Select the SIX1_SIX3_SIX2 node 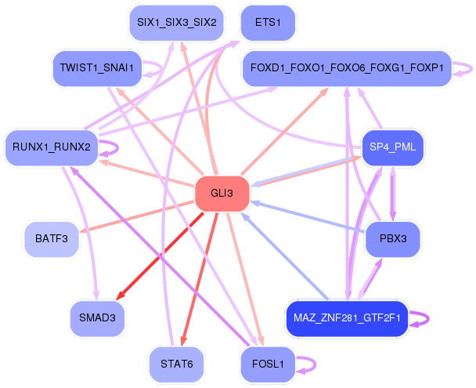click(x=177, y=23)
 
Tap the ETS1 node click(x=268, y=23)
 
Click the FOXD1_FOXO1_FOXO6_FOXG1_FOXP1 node click(x=347, y=68)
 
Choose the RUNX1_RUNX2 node click(x=52, y=147)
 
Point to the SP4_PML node click(x=392, y=147)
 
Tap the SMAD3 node click(x=97, y=318)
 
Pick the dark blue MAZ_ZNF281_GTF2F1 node click(x=347, y=319)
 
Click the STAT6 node click(x=177, y=364)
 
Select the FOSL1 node click(x=268, y=364)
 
